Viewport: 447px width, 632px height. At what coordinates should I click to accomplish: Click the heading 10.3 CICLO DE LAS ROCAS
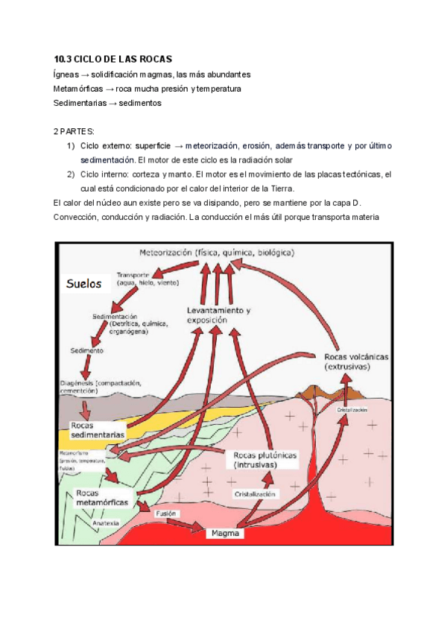pos(113,59)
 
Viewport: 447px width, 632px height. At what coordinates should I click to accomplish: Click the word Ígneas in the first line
pos(64,75)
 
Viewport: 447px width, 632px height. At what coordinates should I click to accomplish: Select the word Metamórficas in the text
pos(77,89)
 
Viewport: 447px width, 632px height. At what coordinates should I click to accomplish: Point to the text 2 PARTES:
pos(74,131)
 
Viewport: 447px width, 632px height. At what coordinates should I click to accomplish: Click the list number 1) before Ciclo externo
pos(71,145)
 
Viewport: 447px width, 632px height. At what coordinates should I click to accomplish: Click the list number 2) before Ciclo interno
pos(71,174)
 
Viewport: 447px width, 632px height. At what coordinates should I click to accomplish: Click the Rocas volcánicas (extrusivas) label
pos(357,361)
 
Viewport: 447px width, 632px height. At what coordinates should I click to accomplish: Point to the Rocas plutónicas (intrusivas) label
pos(265,459)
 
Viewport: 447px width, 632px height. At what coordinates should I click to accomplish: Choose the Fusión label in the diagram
pos(165,513)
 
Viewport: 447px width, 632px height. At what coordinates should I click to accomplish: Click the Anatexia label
pos(106,522)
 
